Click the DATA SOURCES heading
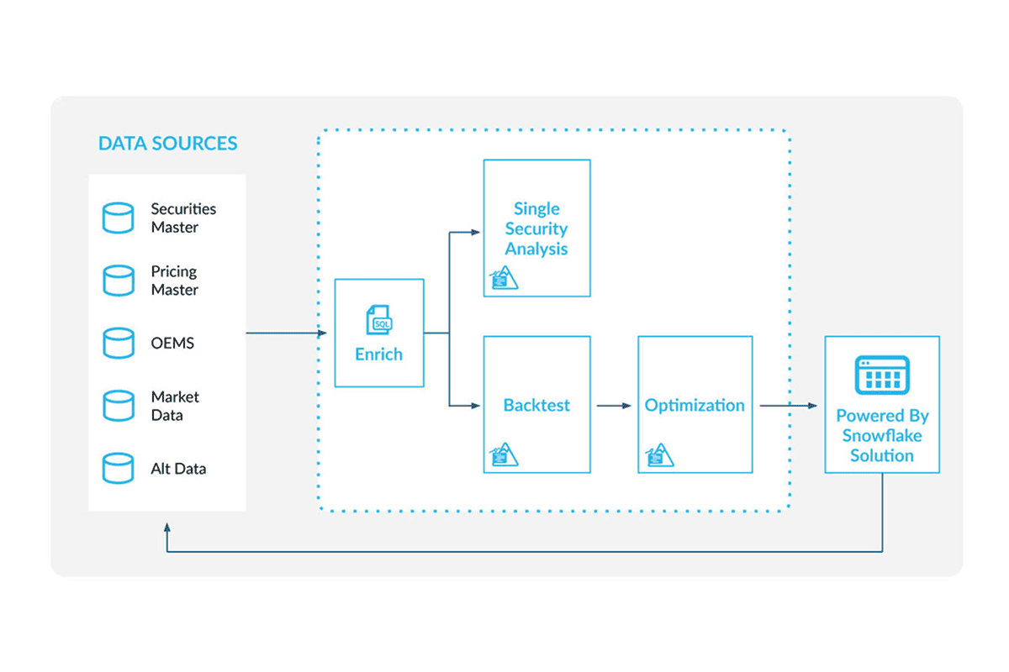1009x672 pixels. (x=167, y=144)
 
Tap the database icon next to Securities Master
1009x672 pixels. (x=118, y=218)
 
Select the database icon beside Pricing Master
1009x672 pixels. (x=118, y=281)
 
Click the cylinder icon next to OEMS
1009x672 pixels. (x=118, y=343)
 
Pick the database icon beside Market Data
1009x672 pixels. (x=118, y=406)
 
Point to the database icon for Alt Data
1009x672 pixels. (x=118, y=468)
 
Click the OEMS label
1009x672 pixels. (x=172, y=344)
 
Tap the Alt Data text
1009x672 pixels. (x=178, y=469)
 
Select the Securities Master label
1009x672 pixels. (x=183, y=218)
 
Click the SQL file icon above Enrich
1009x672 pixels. (x=378, y=321)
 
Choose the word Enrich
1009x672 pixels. (x=378, y=354)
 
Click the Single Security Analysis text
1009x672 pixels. (x=536, y=228)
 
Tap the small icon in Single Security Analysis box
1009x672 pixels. (x=504, y=278)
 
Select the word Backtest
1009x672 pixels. (x=536, y=405)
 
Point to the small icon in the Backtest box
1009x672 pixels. (x=504, y=454)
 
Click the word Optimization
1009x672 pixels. (x=695, y=405)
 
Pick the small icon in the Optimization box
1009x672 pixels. (x=659, y=454)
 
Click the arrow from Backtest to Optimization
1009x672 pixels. (x=614, y=406)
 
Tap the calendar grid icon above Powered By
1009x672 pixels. (x=882, y=375)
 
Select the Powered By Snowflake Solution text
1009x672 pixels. (x=882, y=436)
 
